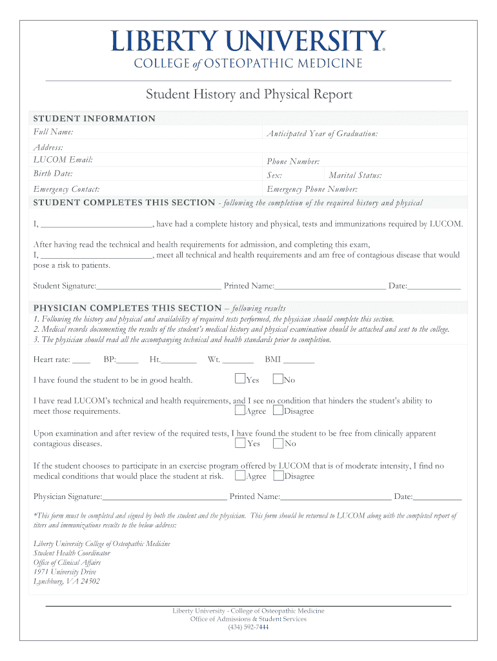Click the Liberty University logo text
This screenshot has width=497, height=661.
[249, 41]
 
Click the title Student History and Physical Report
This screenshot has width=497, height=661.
[249, 95]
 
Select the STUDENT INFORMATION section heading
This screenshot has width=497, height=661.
[94, 119]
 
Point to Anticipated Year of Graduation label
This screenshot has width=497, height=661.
[322, 134]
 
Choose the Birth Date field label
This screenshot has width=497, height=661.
[53, 174]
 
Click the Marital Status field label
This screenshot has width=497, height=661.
[355, 176]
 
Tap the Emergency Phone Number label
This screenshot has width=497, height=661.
[312, 189]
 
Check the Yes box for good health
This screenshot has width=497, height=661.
[240, 379]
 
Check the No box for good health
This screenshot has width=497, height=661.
[278, 379]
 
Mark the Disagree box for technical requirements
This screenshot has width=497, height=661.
[278, 410]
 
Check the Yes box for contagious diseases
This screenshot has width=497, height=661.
[240, 443]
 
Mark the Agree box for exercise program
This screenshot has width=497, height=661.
[240, 476]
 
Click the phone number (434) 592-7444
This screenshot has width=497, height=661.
[248, 627]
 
